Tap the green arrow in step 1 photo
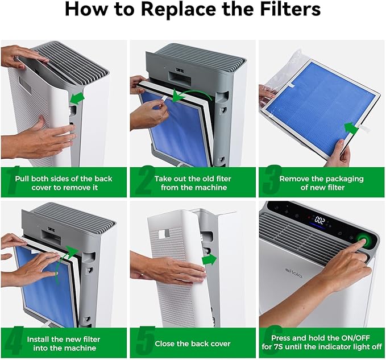point(77,98)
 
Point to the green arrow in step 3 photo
point(351,129)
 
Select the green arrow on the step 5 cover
point(209,259)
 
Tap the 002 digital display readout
point(319,220)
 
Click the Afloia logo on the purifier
point(294,272)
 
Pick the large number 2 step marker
point(145,180)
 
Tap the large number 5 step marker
point(145,341)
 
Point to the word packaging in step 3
point(343,179)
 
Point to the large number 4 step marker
point(14,341)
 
